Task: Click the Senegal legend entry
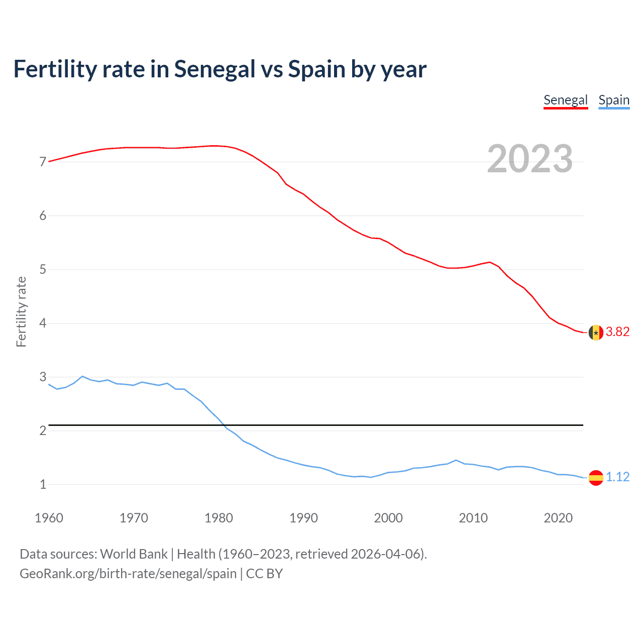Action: pyautogui.click(x=565, y=100)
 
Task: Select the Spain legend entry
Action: pyautogui.click(x=613, y=100)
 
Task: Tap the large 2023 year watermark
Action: pyautogui.click(x=529, y=159)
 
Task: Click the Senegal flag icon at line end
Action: pyautogui.click(x=596, y=332)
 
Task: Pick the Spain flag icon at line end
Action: pyautogui.click(x=596, y=477)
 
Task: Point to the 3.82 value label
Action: pyautogui.click(x=617, y=332)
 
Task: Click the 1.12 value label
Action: pyautogui.click(x=617, y=477)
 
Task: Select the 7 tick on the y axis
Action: pyautogui.click(x=43, y=162)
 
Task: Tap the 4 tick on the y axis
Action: pyautogui.click(x=43, y=323)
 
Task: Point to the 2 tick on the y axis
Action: pyautogui.click(x=43, y=431)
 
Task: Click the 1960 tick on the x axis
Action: pyautogui.click(x=49, y=518)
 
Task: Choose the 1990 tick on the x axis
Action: pyautogui.click(x=303, y=518)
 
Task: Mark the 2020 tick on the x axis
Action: pyautogui.click(x=558, y=518)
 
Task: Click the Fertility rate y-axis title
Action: pyautogui.click(x=21, y=311)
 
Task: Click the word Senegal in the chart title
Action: pyautogui.click(x=215, y=69)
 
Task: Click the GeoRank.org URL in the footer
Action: pyautogui.click(x=128, y=574)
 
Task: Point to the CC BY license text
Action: pyautogui.click(x=264, y=574)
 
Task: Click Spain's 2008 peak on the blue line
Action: pyautogui.click(x=456, y=460)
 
